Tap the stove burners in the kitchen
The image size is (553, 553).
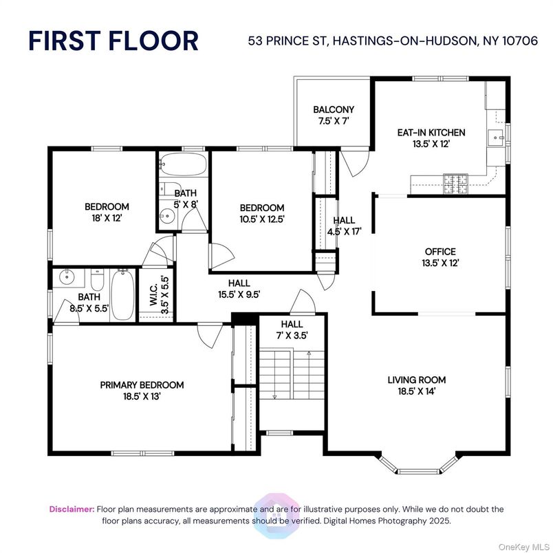(455, 182)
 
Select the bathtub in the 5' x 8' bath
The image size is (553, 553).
(182, 165)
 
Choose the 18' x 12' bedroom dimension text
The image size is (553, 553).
(107, 217)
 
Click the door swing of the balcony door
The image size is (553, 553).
(356, 165)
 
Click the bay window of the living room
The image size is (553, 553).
(418, 467)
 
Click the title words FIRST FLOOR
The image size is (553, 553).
(113, 41)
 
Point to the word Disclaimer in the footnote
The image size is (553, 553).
(72, 509)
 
